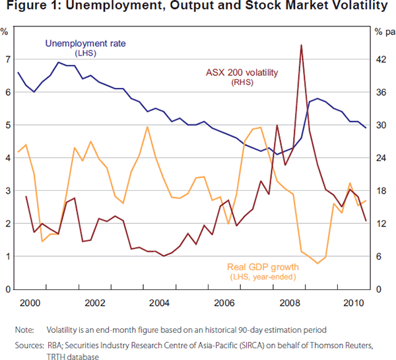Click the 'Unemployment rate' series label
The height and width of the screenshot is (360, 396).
pos(85,44)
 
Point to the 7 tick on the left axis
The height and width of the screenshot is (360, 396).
pos(7,59)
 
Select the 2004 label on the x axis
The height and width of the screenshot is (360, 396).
pos(160,303)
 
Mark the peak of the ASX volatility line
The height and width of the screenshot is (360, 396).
pos(301,46)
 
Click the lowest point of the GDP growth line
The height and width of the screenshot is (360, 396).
pos(317,264)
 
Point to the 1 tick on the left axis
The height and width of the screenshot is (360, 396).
pos(7,256)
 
